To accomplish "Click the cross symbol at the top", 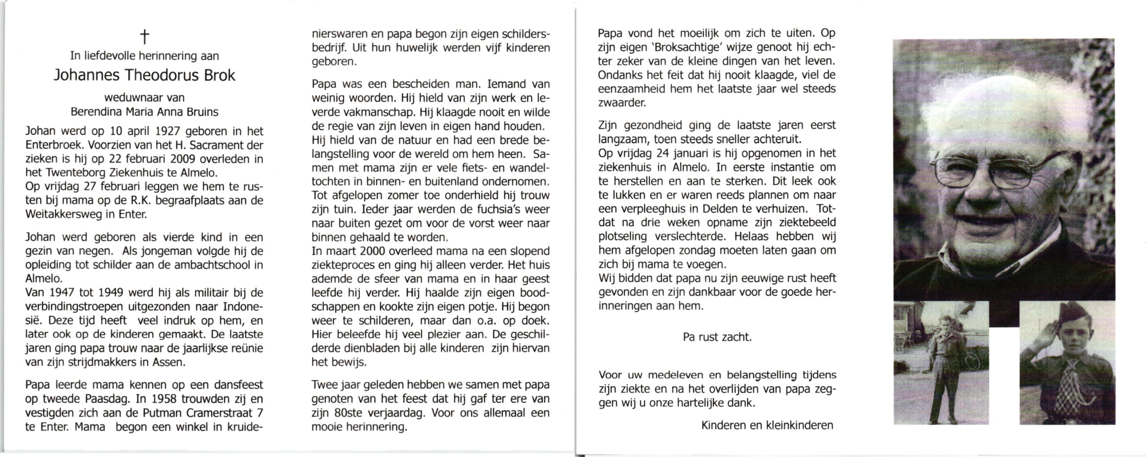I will pyautogui.click(x=144, y=37).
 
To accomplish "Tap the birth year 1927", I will pyautogui.click(x=168, y=131).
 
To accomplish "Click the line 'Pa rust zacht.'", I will pyautogui.click(x=717, y=337).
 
